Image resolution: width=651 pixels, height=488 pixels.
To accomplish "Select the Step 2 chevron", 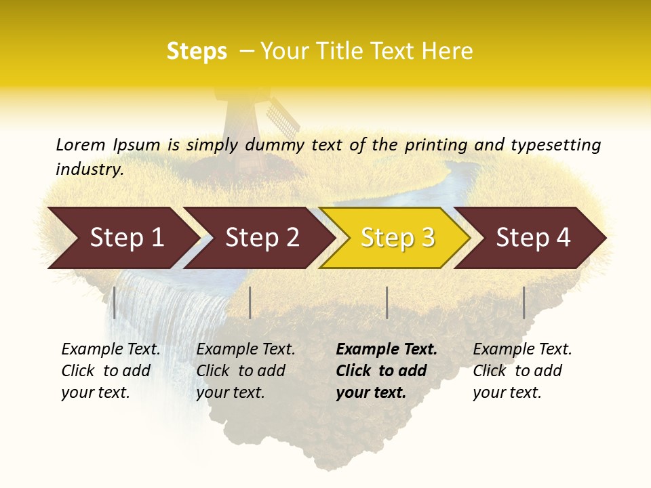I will pos(261,238).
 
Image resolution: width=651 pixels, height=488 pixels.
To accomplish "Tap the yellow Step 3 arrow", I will pos(397,238).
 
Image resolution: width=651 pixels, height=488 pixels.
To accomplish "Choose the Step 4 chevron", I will pos(532,238).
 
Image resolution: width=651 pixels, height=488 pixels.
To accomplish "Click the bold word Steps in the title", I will pos(197,52).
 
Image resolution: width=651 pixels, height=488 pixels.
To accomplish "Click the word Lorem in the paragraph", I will pos(81,144).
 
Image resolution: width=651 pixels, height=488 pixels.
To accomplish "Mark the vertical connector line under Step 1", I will pos(115,302).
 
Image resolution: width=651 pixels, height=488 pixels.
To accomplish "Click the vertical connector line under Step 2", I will pos(250,302).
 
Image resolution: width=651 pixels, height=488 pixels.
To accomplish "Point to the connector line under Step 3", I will pos(387,302).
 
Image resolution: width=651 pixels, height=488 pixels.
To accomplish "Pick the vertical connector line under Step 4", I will pos(524,302).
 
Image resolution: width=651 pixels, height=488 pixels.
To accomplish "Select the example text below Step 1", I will pos(111,371).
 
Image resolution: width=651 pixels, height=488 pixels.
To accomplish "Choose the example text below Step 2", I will pos(245,371).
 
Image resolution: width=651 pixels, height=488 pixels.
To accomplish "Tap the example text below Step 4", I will pos(522,371).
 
